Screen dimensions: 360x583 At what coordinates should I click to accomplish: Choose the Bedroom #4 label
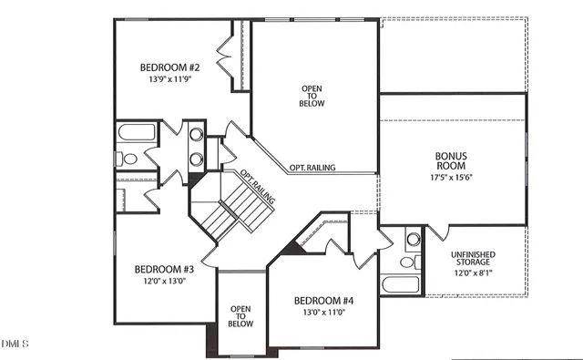pos(323,301)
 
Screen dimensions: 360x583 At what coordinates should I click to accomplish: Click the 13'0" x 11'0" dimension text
pos(323,313)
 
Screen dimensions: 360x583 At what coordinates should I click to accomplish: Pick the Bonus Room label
pos(450,161)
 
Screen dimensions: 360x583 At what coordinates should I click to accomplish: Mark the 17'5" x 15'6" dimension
pos(451,178)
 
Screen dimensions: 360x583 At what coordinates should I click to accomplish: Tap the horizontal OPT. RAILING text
pos(312,168)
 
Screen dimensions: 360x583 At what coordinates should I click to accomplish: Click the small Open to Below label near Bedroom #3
pos(240,315)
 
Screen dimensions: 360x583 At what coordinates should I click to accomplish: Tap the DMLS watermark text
pos(15,344)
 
